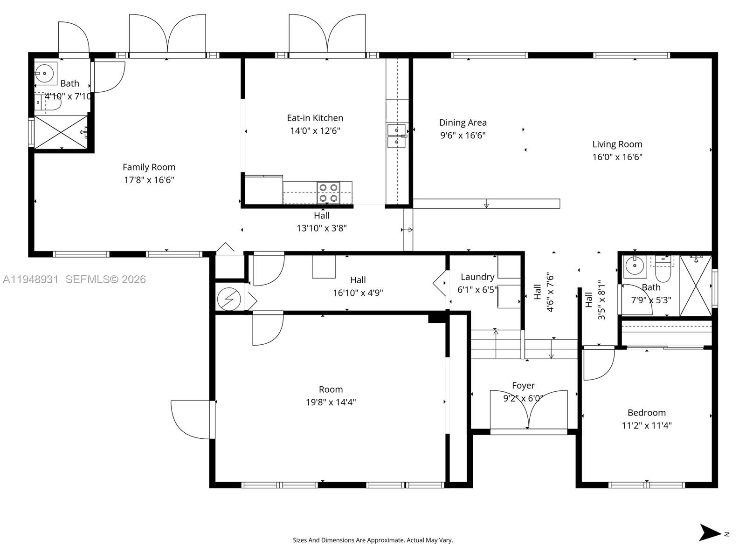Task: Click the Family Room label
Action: pyautogui.click(x=149, y=167)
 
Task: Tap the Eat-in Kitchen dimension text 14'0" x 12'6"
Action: pyautogui.click(x=315, y=131)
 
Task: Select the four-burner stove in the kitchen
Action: pyautogui.click(x=328, y=192)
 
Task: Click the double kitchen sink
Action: pyautogui.click(x=396, y=136)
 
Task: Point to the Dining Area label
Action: pyautogui.click(x=463, y=123)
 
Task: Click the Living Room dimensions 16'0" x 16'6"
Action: pyautogui.click(x=617, y=157)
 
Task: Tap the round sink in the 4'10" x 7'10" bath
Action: pyautogui.click(x=44, y=73)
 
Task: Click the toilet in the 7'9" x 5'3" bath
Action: pyautogui.click(x=662, y=270)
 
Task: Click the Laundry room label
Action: pyautogui.click(x=477, y=277)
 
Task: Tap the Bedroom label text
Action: pyautogui.click(x=646, y=413)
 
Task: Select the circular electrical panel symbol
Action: pyautogui.click(x=229, y=299)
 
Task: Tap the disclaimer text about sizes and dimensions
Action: pyautogui.click(x=373, y=540)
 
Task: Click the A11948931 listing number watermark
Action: pyautogui.click(x=31, y=279)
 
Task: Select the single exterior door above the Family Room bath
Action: pyautogui.click(x=73, y=38)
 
